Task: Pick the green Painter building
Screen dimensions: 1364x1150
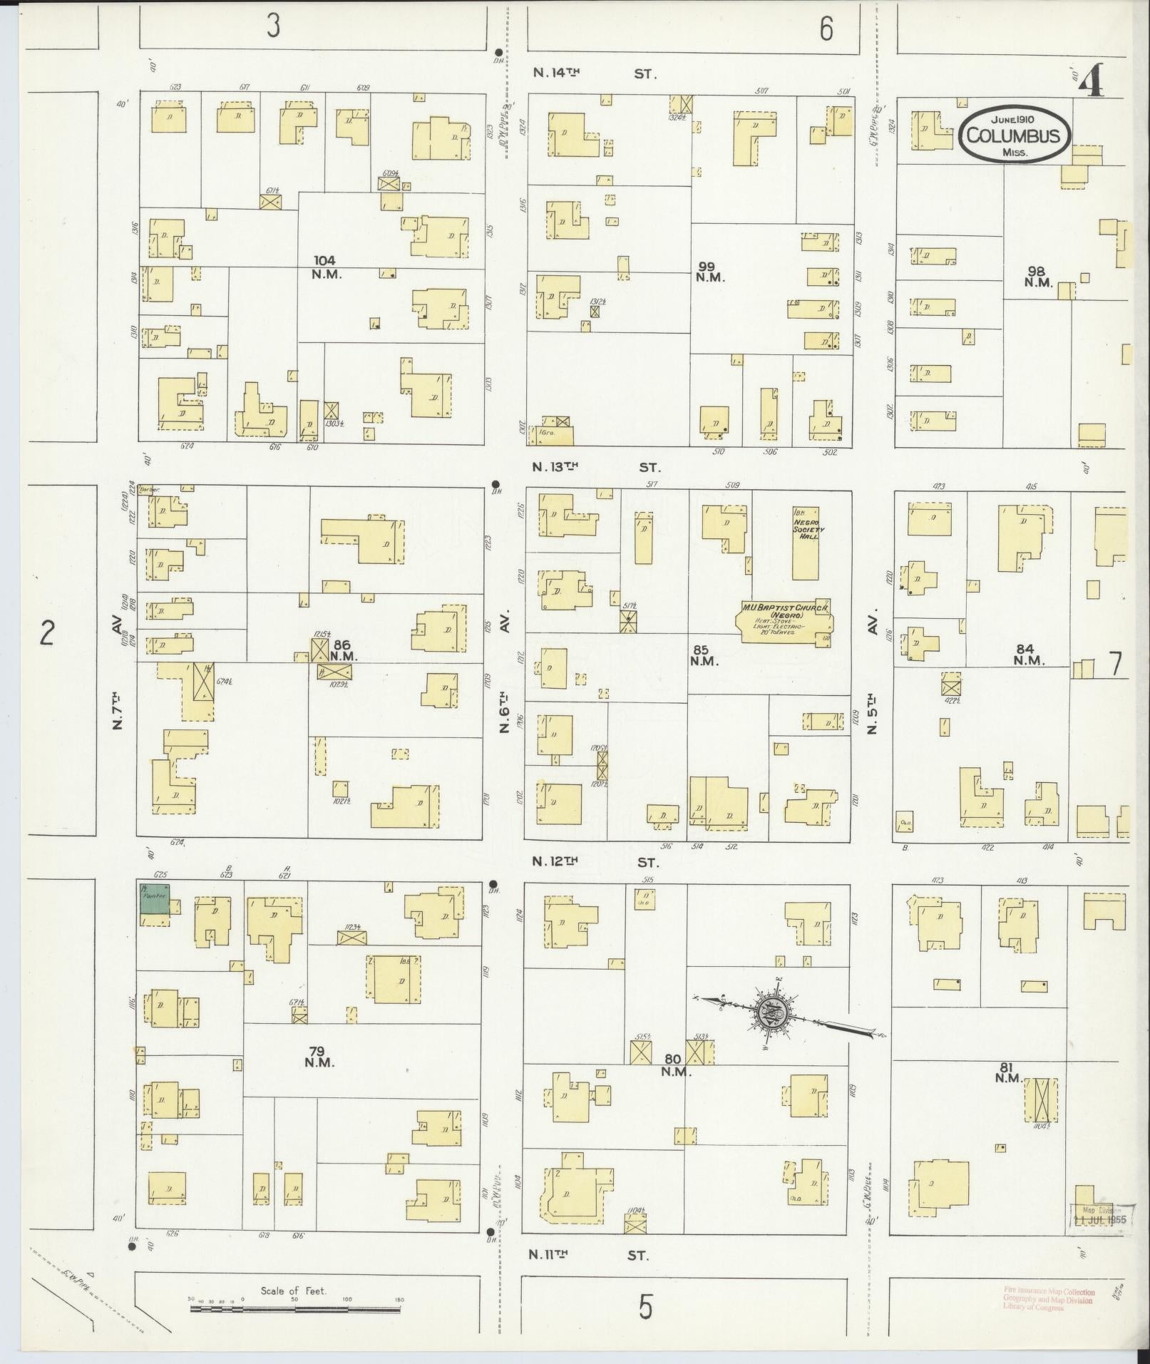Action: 155,898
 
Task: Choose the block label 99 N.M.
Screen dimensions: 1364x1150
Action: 710,272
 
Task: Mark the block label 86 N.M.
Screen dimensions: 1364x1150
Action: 343,650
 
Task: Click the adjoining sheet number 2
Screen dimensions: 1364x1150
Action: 46,632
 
